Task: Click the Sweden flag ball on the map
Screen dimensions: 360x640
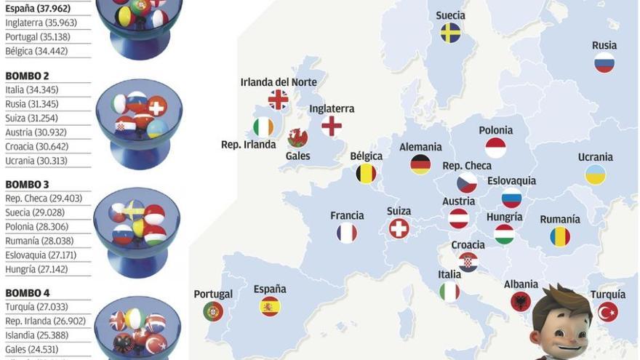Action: click(x=450, y=33)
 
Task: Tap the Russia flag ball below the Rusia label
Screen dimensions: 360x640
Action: click(x=604, y=63)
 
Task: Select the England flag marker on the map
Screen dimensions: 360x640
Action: click(x=332, y=126)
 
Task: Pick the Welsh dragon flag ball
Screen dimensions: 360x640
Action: click(x=297, y=137)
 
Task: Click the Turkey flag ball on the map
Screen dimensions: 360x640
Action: click(x=608, y=312)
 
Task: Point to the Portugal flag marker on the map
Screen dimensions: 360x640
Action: click(x=213, y=311)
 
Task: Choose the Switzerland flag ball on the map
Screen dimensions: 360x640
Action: click(x=399, y=229)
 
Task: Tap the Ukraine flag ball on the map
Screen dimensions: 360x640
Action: click(x=596, y=175)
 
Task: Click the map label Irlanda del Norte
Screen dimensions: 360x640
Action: click(x=279, y=82)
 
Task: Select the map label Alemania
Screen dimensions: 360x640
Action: click(x=420, y=147)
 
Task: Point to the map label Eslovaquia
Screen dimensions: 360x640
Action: click(x=511, y=180)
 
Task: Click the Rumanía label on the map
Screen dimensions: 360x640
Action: click(x=560, y=219)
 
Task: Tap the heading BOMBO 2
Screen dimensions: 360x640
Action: click(x=28, y=76)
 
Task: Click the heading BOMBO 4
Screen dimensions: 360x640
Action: click(x=28, y=293)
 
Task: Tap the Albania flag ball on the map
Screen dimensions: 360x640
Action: click(x=521, y=302)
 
